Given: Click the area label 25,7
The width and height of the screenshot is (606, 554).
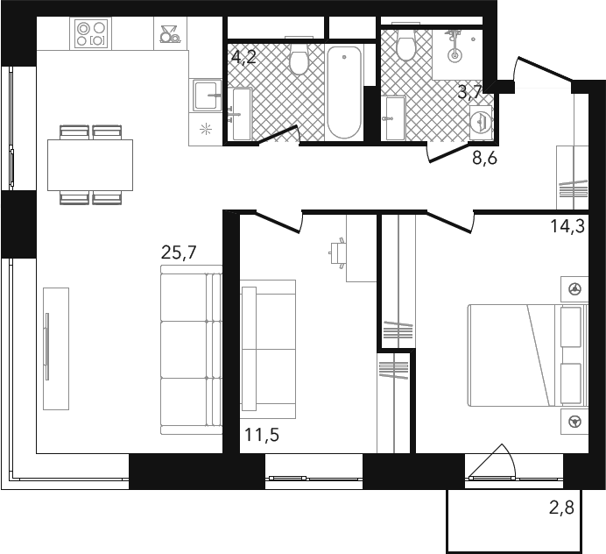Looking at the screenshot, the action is click(x=179, y=252).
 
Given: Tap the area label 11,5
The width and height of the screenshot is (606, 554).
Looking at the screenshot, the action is click(x=262, y=435).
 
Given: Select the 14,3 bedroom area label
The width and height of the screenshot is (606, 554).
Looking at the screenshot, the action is click(x=567, y=226).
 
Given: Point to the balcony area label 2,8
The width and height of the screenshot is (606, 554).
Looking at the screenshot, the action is click(x=561, y=508).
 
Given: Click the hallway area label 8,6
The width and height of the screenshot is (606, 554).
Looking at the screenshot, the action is click(x=484, y=158).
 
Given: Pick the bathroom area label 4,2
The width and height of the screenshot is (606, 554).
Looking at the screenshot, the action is click(x=243, y=57).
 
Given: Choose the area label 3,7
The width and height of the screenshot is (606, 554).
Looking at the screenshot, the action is click(x=470, y=92).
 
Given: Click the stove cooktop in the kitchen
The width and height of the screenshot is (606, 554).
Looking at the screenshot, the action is click(x=91, y=33).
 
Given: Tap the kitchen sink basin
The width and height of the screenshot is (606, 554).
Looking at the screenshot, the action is click(x=208, y=96).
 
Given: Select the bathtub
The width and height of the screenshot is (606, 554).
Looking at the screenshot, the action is click(x=344, y=92).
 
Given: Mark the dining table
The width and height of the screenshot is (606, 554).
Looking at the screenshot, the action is click(x=90, y=165).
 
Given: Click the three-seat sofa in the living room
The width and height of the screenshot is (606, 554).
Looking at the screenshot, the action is click(x=191, y=350).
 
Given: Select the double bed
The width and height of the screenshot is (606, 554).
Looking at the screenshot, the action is click(x=528, y=355).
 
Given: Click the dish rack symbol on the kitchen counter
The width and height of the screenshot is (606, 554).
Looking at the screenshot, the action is click(x=170, y=34).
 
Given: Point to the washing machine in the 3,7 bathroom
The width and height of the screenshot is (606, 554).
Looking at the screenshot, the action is click(x=481, y=122).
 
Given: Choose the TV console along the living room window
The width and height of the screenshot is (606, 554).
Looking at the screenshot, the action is click(x=56, y=349).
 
